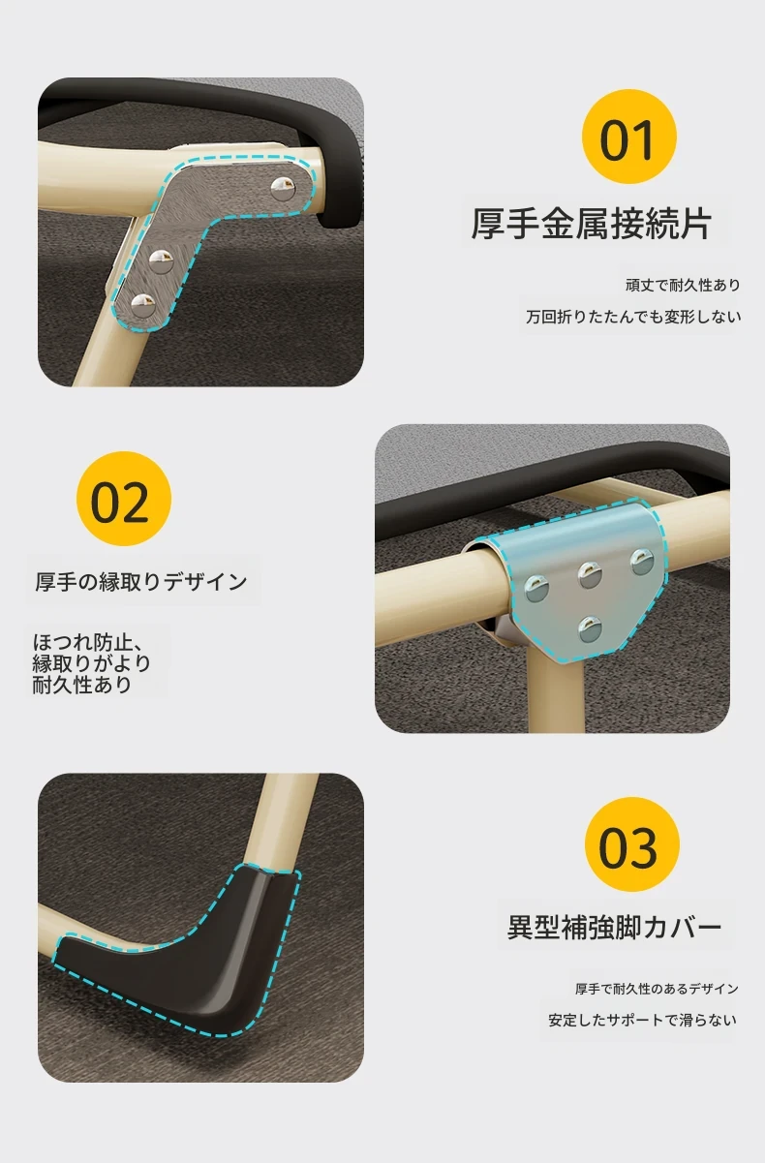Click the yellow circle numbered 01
pyautogui.click(x=628, y=136)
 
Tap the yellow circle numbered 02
pyautogui.click(x=124, y=499)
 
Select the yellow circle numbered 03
pyautogui.click(x=632, y=844)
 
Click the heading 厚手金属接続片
pyautogui.click(x=591, y=224)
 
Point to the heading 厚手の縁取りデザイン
pyautogui.click(x=141, y=581)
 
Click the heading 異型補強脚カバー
pyautogui.click(x=614, y=928)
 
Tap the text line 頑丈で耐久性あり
pyautogui.click(x=683, y=285)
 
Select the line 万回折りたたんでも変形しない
pyautogui.click(x=633, y=317)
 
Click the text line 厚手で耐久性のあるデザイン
pyautogui.click(x=657, y=989)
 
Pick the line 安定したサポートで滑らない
pyautogui.click(x=642, y=1021)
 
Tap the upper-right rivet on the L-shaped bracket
pyautogui.click(x=284, y=189)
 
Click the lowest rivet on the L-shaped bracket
pyautogui.click(x=142, y=305)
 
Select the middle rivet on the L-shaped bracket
pyautogui.click(x=162, y=261)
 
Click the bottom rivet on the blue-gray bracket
pyautogui.click(x=591, y=628)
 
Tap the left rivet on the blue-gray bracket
pyautogui.click(x=537, y=589)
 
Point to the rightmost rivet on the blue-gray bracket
pyautogui.click(x=642, y=563)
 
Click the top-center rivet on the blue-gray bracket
pyautogui.click(x=591, y=575)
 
